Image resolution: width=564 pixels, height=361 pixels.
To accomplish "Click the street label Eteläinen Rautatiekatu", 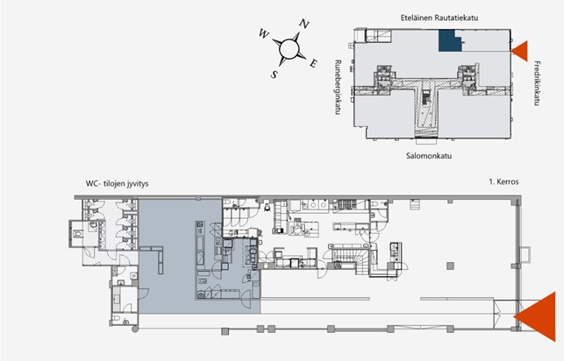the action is (439, 18).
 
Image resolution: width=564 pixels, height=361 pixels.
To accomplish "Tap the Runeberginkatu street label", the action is (338, 88).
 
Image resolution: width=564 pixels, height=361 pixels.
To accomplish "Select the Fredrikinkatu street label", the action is (537, 83).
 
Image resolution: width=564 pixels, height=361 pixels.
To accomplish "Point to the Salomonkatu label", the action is (429, 156).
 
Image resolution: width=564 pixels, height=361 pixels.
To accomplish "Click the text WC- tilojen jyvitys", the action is (117, 183).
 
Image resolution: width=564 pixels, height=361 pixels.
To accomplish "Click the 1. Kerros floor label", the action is (503, 181).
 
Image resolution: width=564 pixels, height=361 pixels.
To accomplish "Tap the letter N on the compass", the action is (304, 24).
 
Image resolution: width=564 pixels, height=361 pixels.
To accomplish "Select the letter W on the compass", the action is (263, 34).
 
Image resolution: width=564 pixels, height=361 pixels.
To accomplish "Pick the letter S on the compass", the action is (274, 74).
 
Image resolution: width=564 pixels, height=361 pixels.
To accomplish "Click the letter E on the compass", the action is (314, 64).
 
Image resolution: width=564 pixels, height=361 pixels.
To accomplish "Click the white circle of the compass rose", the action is (289, 48).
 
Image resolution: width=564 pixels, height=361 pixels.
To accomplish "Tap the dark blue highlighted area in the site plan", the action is (449, 41).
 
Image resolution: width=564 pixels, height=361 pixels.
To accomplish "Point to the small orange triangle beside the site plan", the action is (521, 51).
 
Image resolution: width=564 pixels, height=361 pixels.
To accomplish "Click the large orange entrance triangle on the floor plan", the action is (538, 316).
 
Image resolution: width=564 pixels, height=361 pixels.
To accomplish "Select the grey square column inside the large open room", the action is (450, 265).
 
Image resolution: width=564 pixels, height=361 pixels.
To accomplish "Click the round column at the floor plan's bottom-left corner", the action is (135, 329).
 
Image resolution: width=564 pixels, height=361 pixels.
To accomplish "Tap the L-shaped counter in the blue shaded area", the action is (155, 256).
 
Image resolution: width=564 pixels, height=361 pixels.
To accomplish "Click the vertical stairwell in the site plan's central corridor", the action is (426, 97).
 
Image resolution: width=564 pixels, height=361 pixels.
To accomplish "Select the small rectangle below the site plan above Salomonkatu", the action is (426, 140).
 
